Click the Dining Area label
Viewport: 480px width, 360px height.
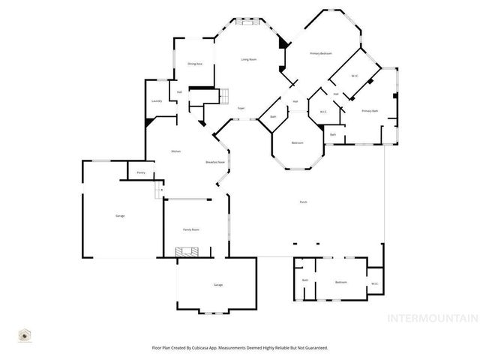coord(195,64)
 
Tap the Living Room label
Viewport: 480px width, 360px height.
coord(250,59)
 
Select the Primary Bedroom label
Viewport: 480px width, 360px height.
coord(322,54)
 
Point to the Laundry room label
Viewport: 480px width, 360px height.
coord(157,100)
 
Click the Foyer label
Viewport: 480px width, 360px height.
coord(241,108)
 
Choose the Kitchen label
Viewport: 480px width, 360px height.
coord(175,151)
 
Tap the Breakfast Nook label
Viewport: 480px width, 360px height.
coord(216,162)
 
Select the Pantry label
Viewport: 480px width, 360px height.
coord(140,173)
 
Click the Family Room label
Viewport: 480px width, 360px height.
coord(190,229)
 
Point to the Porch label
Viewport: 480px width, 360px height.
coord(303,202)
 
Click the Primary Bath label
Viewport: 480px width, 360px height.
coord(370,111)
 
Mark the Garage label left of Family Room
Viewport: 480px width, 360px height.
coord(120,216)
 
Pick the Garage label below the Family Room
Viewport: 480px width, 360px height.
coord(218,285)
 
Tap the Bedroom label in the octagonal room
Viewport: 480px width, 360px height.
coord(298,142)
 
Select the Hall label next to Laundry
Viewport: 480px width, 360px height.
coord(180,93)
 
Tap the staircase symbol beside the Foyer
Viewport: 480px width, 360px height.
coord(222,95)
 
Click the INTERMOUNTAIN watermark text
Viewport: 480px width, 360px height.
coord(431,318)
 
